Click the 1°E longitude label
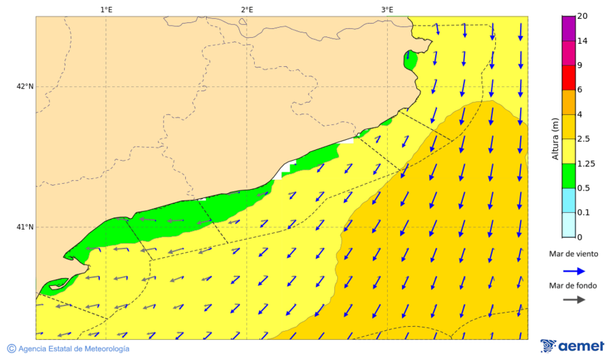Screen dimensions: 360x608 tap(107, 9)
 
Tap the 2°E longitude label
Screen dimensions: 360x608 tap(247, 9)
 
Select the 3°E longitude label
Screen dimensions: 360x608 tap(387, 9)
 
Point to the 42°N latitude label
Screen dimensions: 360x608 tap(25, 86)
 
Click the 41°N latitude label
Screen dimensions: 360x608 tap(25, 227)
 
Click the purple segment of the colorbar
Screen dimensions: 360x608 tap(568, 28)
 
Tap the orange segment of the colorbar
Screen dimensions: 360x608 tap(568, 102)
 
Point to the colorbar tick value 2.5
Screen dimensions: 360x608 tap(584, 139)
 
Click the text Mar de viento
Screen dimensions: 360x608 tap(573, 254)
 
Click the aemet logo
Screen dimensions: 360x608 tap(572, 346)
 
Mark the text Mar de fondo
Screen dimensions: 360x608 tap(573, 285)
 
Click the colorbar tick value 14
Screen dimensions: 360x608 tap(582, 41)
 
